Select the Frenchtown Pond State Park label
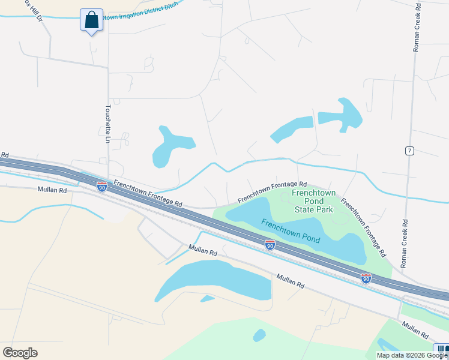[x=313, y=201]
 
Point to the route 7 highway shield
[x=409, y=151]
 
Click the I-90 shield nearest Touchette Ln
[x=102, y=187]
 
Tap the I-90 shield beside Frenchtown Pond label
[x=270, y=245]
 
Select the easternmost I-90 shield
[x=366, y=278]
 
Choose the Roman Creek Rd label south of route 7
[x=403, y=242]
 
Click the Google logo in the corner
[x=20, y=353]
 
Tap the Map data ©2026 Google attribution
[x=412, y=355]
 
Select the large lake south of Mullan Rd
[x=216, y=280]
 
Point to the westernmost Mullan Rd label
[x=50, y=190]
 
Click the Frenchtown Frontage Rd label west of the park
[x=148, y=194]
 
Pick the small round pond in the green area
[x=259, y=335]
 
